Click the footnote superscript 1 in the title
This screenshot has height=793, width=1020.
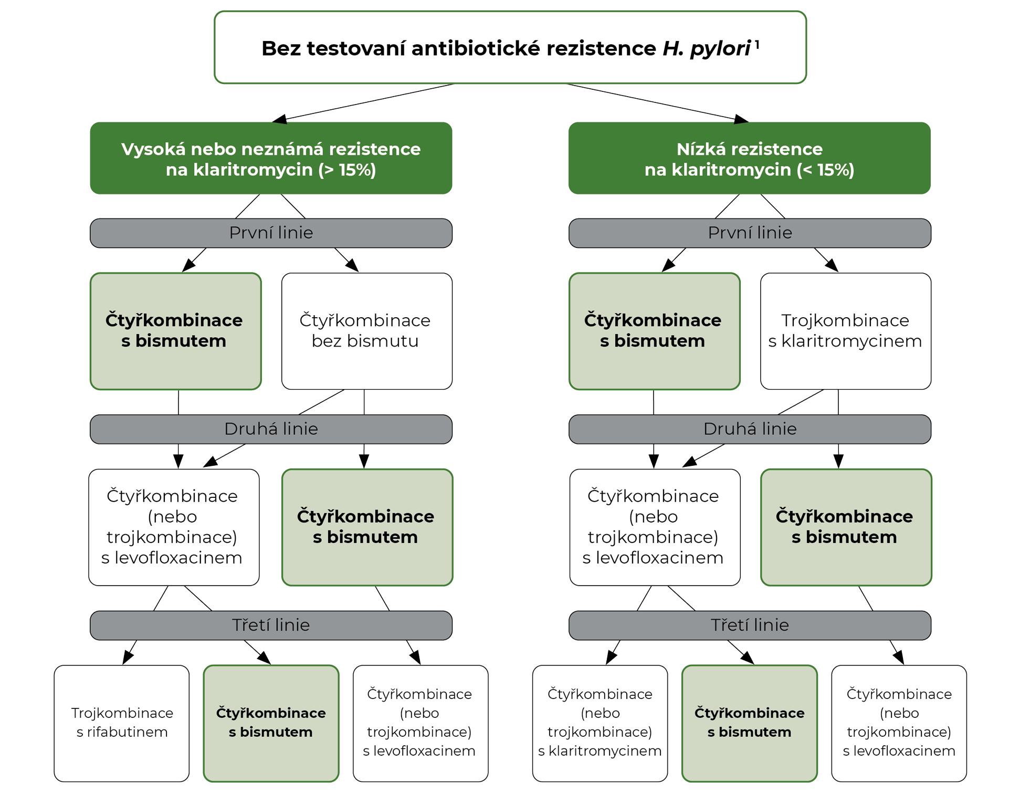pos(757,45)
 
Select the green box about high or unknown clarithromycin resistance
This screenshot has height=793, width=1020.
pos(271,159)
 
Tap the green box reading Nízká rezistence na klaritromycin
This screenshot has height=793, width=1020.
pos(749,159)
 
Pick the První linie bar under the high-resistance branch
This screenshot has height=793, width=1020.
pos(271,233)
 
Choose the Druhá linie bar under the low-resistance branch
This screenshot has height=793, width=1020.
pos(749,429)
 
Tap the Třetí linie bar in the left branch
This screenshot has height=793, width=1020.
pos(271,625)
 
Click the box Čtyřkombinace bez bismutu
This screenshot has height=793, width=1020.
pos(366,331)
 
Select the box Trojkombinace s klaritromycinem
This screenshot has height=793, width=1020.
pos(845,331)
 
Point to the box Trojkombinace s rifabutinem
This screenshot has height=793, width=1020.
pos(122,723)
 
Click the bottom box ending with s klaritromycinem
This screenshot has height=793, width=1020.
pos(600,723)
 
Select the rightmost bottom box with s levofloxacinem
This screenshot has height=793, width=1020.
pos(899,723)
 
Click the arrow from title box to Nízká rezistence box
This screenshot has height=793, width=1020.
pos(656,102)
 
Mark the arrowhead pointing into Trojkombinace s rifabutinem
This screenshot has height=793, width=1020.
pos(128,657)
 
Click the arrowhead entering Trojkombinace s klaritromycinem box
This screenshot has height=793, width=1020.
pos(832,265)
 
